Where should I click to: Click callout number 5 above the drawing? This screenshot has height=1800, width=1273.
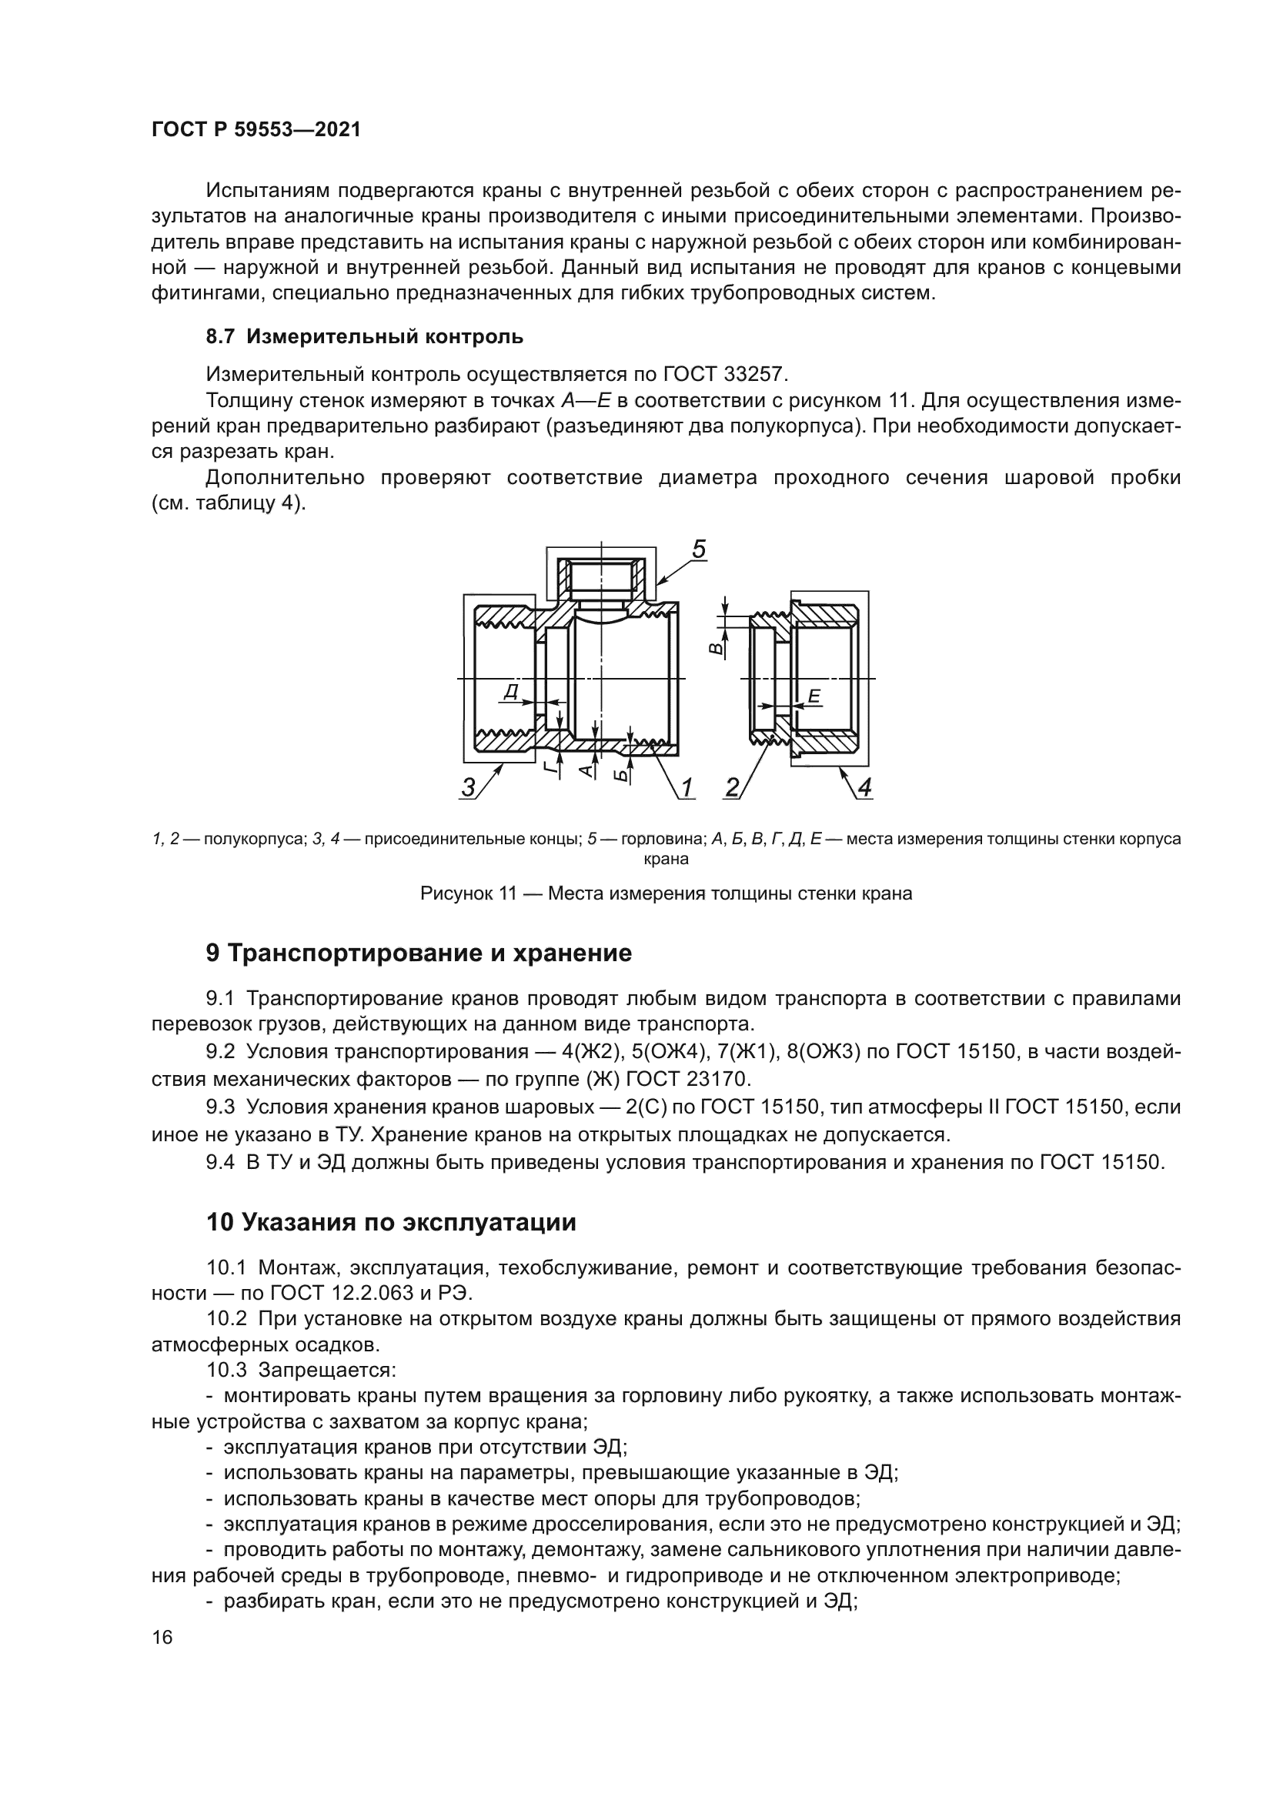698,549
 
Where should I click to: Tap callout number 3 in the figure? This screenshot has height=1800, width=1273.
468,786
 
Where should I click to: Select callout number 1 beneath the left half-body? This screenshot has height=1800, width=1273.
687,786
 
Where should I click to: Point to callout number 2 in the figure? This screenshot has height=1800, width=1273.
733,786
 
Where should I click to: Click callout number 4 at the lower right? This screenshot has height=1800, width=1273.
864,786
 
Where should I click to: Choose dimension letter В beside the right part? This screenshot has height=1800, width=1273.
715,648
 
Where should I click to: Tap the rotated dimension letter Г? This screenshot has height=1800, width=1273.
552,766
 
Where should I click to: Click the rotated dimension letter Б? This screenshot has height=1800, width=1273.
621,775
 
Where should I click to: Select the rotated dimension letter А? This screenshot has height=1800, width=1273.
586,770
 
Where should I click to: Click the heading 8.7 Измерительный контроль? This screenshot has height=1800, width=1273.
365,337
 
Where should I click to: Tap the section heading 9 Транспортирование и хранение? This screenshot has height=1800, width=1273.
419,953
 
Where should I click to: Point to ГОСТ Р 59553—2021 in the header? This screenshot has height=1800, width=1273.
256,129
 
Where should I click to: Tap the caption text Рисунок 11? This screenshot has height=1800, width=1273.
467,893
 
